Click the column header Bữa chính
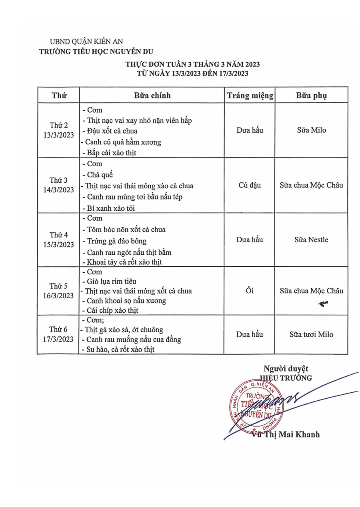152,96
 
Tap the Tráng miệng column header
250,96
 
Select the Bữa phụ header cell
311,96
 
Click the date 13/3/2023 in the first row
59,135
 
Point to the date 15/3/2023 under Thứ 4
59,244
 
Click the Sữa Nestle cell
311,240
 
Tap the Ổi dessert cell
250,291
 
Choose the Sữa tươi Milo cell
311,335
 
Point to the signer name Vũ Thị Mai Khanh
286,435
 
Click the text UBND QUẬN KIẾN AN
86,41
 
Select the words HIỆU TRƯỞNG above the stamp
286,378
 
